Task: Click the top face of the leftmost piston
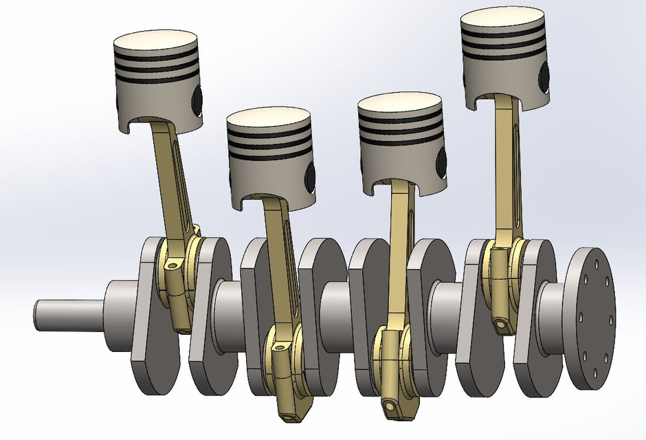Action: click(156, 43)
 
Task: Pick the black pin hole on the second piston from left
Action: click(311, 176)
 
